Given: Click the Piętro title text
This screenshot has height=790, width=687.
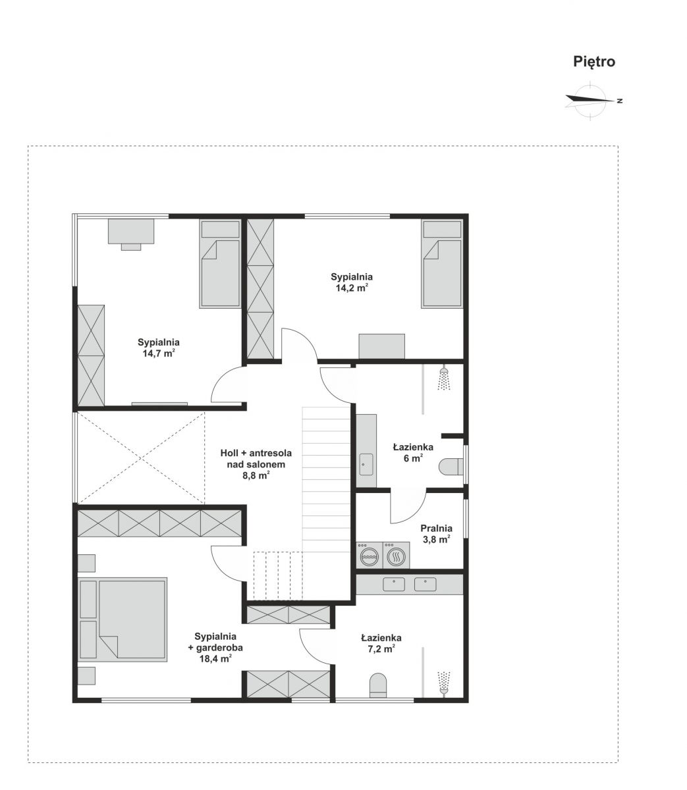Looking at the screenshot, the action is pos(593,62).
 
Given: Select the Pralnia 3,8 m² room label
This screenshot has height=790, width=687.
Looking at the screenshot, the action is pos(437,534).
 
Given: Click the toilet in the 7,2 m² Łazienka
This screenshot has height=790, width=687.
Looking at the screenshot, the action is pos(378,685).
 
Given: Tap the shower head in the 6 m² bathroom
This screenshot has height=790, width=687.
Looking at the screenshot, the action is pos(444,379).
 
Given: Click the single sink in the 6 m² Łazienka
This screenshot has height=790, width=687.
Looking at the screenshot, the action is pos(366,464).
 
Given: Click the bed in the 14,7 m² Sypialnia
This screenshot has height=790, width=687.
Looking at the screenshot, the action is pos(220,264).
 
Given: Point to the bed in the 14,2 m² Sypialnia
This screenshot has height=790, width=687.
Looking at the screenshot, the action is pos(442,264).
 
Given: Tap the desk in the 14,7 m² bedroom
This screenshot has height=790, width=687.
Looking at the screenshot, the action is pos(131,234).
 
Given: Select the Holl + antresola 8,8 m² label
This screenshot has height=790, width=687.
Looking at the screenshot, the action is pos(256,464).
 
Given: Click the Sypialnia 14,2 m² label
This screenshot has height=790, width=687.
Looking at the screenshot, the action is pos(352,282).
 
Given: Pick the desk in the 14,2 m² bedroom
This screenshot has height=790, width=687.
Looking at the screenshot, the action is pos(381,346).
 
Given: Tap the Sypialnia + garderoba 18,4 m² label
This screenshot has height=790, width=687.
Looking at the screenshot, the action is pos(215,647).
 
